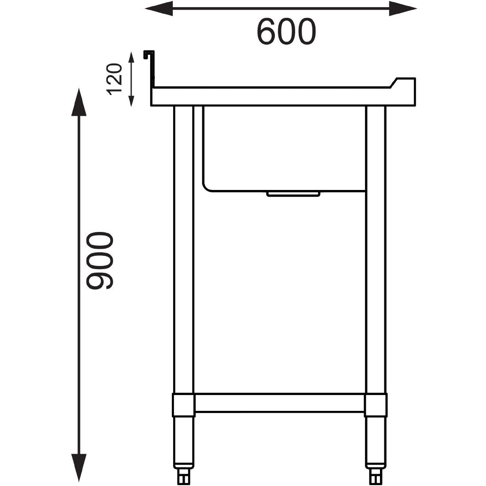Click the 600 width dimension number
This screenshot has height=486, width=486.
pos(286,31)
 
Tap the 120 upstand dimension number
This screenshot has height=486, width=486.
pos(114,79)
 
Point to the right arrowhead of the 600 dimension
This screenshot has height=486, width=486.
pos(402,8)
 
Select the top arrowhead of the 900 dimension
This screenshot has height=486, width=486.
pos(79,102)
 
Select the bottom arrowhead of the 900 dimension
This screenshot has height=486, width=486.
pos(79,467)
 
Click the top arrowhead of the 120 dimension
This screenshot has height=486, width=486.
pos(131,57)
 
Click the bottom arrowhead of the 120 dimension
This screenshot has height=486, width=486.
pos(131,101)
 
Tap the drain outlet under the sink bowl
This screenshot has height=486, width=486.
pos(293,194)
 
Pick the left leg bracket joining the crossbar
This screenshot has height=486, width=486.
pos(183,405)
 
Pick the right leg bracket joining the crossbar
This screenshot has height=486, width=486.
pos(376,405)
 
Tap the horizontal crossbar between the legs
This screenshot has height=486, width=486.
pos(279,403)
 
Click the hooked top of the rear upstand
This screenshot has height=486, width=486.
pos(148,53)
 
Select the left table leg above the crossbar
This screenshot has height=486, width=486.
pos(184,247)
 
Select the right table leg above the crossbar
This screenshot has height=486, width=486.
pos(376,247)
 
